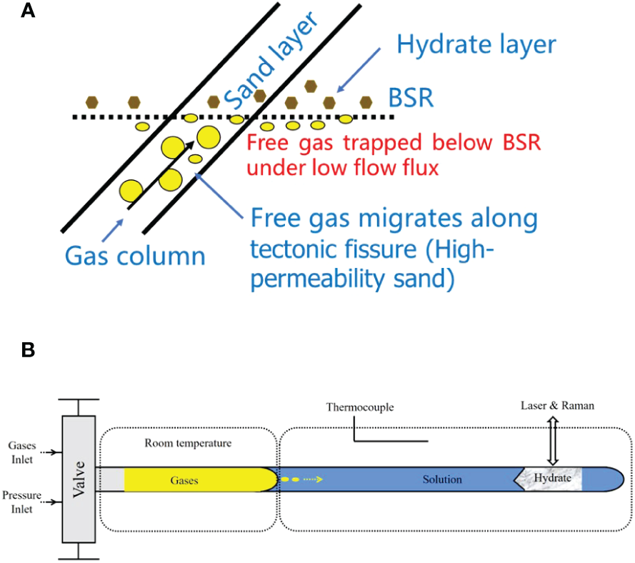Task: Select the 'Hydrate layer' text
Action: coord(476,45)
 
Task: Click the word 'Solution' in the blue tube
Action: coord(441,479)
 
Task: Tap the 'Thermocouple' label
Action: coord(360,407)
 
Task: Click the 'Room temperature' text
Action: coord(188,443)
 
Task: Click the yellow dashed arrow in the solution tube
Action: coord(303,479)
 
